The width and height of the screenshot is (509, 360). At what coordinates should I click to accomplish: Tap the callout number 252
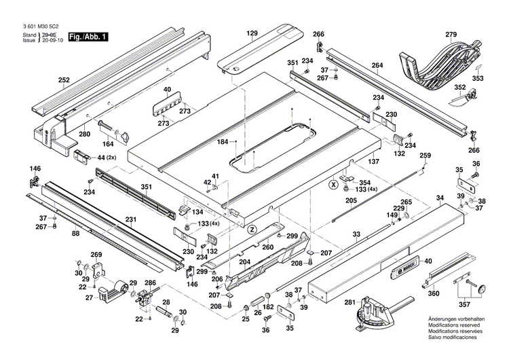tap(64, 80)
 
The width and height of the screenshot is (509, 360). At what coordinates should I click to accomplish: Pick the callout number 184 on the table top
tap(222, 141)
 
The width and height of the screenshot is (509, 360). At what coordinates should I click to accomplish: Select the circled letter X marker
tap(333, 184)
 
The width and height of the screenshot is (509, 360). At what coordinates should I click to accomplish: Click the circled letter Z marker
tap(252, 228)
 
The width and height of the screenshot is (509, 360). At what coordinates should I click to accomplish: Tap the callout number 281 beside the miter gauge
tap(349, 302)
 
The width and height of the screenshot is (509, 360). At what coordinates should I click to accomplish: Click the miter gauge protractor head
tap(371, 312)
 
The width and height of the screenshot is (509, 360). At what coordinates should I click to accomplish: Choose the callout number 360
tap(433, 293)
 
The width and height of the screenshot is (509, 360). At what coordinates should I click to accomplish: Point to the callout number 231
tap(130, 219)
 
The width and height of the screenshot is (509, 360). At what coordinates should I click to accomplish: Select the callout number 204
tap(244, 262)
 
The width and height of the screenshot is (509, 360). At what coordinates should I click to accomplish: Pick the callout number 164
tap(108, 143)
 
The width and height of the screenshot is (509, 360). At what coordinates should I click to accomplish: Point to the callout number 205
tap(351, 200)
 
